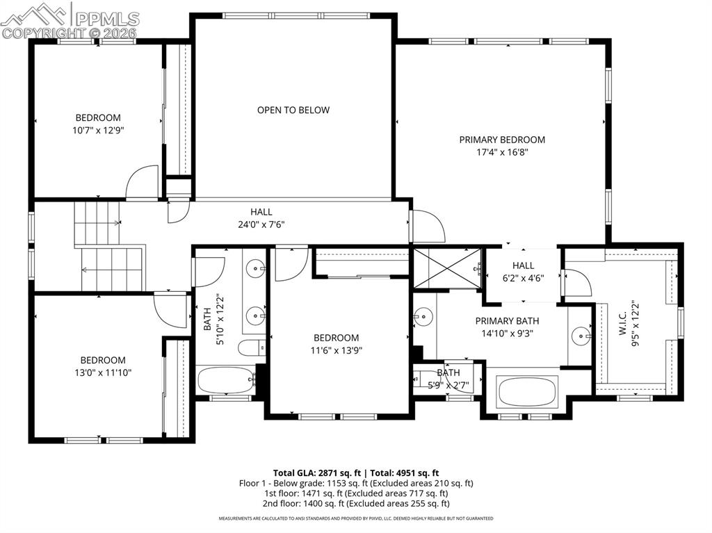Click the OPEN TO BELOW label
coord(293,110)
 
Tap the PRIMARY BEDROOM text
coord(502,140)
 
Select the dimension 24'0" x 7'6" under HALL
coord(261,224)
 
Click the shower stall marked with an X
coord(448,267)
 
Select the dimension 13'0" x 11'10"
coord(103,372)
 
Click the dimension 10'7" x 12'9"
coord(98,130)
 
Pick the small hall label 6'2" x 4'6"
coord(523,277)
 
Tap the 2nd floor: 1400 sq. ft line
coord(355,503)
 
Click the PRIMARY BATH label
coord(507,321)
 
